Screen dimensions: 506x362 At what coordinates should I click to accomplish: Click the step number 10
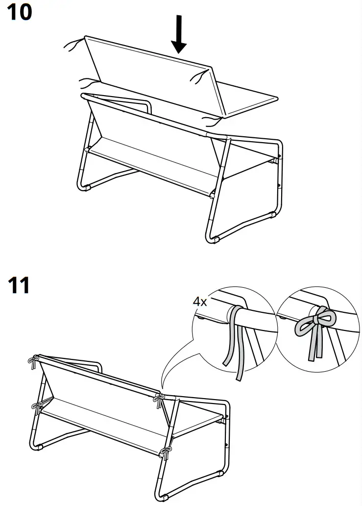coord(19,13)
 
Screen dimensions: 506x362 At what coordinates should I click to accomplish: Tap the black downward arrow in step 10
coord(180,34)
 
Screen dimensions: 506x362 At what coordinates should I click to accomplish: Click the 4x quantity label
coord(200,302)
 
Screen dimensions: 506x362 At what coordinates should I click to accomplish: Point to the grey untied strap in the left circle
coord(235,343)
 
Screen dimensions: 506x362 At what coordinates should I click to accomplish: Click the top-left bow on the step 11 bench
coord(33,362)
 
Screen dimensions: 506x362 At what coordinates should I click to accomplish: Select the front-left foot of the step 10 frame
coord(88,188)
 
